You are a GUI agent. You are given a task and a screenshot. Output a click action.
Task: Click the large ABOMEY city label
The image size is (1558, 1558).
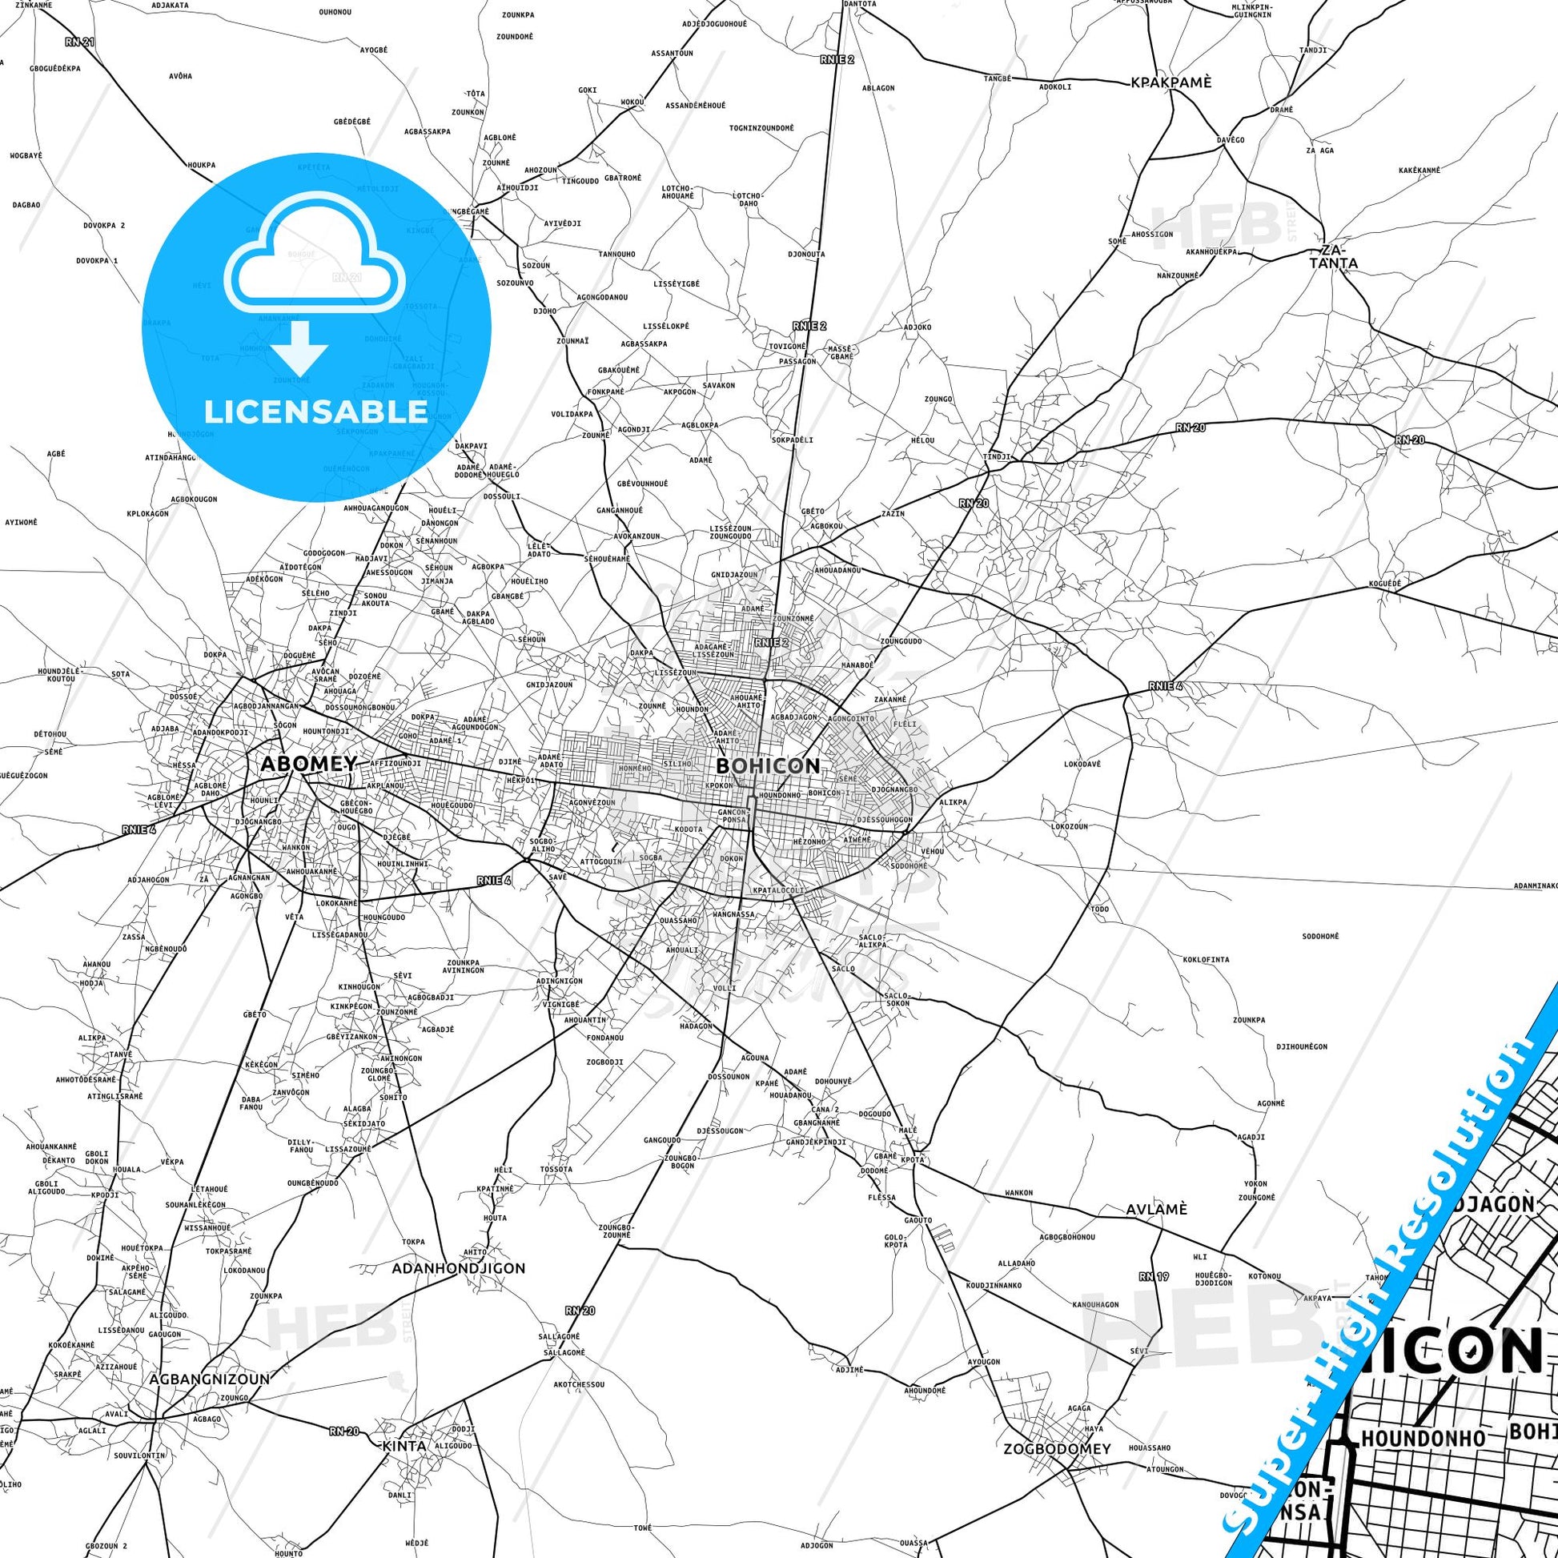click(x=307, y=764)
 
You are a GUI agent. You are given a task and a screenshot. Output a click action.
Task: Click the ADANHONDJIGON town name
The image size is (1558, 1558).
click(x=458, y=1268)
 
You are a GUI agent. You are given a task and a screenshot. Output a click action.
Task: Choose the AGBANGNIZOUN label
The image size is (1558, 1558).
click(x=210, y=1379)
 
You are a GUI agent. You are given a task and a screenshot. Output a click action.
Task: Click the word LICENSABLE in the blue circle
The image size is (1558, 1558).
click(x=315, y=412)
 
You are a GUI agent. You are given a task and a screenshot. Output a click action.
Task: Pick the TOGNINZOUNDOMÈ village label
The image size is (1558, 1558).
click(x=761, y=127)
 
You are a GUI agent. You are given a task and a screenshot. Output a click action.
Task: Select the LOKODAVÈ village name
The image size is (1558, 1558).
click(x=1082, y=763)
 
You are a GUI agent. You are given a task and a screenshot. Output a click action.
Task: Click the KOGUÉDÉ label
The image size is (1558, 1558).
click(x=1384, y=582)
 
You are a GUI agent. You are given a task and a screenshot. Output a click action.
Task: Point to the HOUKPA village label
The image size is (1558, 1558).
click(x=202, y=164)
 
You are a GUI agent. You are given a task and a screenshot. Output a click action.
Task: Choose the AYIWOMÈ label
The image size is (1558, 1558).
click(x=21, y=522)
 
